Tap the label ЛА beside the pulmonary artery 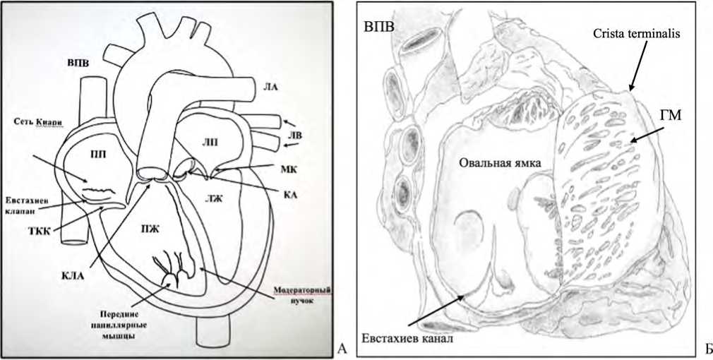(269, 88)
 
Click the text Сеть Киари (37, 121)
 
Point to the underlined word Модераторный (303, 289)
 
